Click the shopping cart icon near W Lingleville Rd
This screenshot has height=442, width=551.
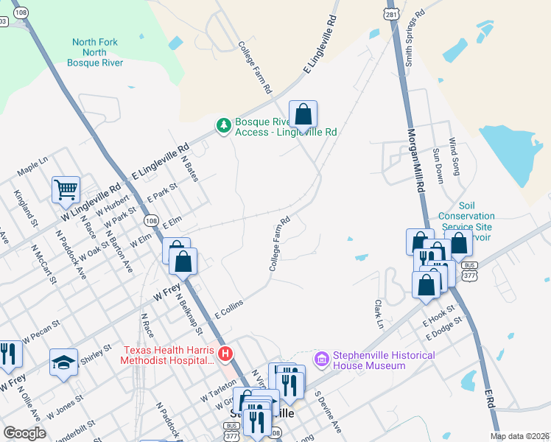66,189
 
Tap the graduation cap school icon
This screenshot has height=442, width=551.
63,362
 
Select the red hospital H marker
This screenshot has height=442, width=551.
226,355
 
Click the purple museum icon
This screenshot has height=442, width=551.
321,359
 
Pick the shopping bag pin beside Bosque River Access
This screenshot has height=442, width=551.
303,114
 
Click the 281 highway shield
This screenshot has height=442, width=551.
390,15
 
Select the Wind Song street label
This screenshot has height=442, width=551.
454,157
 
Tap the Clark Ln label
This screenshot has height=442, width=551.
379,314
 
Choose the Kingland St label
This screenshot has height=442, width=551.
25,207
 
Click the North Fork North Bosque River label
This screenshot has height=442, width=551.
95,52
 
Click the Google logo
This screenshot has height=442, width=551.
24,433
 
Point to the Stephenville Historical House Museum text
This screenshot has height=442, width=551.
384,360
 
